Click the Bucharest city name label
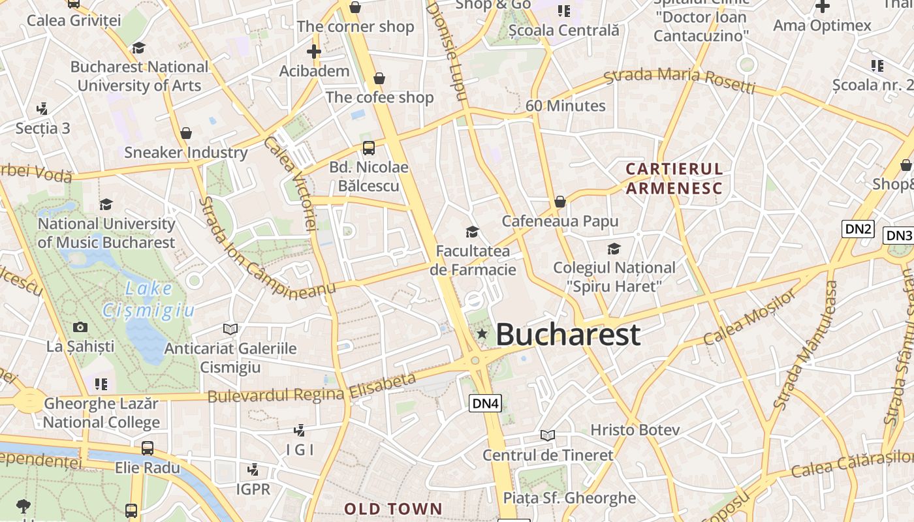coord(567,335)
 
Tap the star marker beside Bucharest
coord(482,334)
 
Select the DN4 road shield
coord(485,403)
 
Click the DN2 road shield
coord(859,228)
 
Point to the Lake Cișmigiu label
coord(149,299)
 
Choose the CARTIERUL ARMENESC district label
coord(674,179)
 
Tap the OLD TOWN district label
coord(393,509)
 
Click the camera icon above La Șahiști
coord(80,327)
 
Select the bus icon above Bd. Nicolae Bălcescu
coord(369,148)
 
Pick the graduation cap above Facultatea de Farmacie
coord(472,232)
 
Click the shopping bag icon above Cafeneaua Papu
coord(559,202)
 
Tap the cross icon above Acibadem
coord(314,52)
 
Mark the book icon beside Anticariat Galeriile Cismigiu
coord(230,329)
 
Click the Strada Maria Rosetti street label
coord(679,78)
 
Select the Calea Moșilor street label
coord(750,317)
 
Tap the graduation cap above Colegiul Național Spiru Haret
coord(614,249)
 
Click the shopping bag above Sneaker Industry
coord(186,133)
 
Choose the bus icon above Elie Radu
coord(148,448)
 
